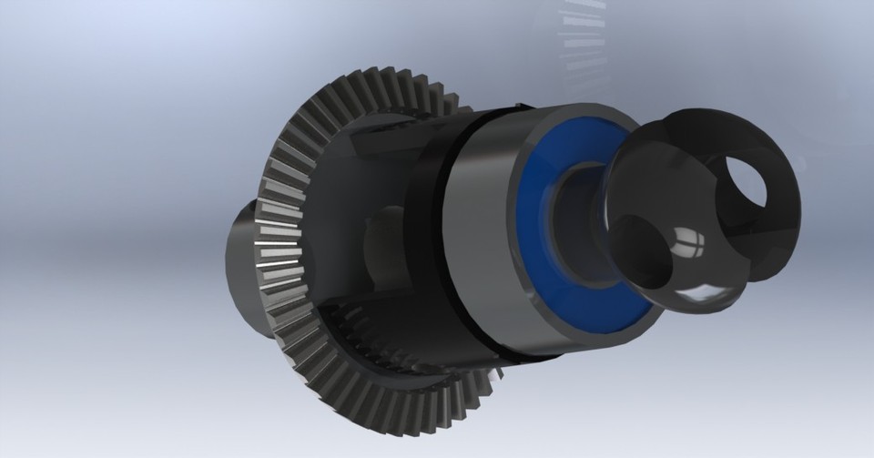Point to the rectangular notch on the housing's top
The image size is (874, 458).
pyautogui.click(x=382, y=141)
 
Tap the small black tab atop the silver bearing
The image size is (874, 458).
pyautogui.click(x=523, y=107)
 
